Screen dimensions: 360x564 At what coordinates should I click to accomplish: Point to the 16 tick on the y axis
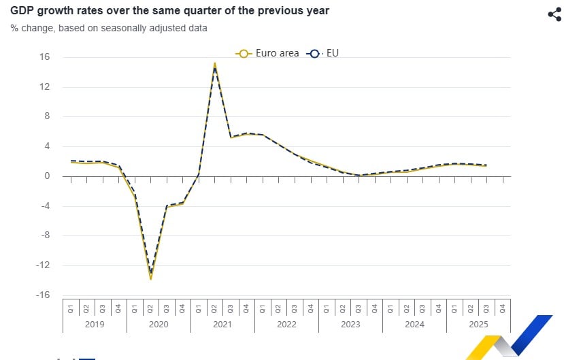44,57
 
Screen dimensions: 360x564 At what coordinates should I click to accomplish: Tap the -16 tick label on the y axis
42,295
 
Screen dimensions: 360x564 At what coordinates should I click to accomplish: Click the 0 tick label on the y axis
48,176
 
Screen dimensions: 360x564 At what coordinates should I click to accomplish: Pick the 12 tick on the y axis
44,87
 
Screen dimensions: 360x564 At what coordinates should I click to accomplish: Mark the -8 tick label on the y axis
44,235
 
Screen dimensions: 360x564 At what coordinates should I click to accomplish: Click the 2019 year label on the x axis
95,325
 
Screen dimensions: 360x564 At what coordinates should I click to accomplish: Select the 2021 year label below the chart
222,325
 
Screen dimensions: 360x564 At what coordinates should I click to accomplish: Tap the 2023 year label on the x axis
350,325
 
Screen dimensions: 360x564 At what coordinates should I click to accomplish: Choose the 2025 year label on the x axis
478,325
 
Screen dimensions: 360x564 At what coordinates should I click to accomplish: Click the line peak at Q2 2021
215,64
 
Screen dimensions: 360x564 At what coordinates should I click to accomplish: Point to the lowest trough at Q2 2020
150,278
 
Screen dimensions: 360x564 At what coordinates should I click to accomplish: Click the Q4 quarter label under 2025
502,308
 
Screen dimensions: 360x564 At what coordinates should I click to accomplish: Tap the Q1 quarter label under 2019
71,308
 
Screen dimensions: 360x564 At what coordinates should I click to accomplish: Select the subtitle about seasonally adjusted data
109,28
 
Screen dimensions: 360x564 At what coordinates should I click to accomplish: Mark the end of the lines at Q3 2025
486,165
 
